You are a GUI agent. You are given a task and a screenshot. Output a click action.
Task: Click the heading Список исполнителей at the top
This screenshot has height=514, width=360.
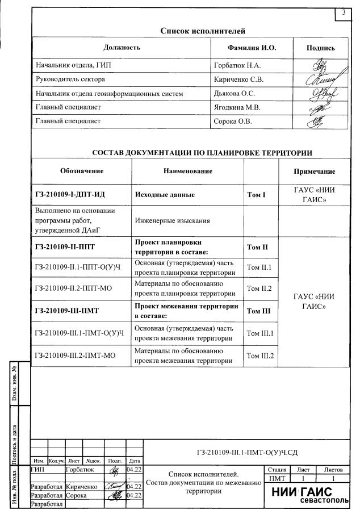tap(203, 31)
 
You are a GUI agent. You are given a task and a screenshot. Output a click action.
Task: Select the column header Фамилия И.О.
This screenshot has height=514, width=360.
tap(252, 48)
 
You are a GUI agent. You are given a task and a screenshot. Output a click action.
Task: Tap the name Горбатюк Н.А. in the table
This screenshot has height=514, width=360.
tap(235, 66)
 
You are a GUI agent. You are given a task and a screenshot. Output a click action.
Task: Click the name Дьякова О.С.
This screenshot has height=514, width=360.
tap(234, 93)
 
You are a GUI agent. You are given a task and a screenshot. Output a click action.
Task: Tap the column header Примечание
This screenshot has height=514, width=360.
tap(313, 171)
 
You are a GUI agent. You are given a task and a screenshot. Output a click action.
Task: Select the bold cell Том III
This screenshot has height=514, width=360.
tap(260, 311)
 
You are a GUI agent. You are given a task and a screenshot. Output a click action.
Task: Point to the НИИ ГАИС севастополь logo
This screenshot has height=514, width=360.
tap(309, 496)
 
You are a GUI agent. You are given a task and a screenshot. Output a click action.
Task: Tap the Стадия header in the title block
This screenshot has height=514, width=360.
tap(275, 470)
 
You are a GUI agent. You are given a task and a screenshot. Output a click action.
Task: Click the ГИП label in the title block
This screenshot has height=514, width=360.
tap(39, 470)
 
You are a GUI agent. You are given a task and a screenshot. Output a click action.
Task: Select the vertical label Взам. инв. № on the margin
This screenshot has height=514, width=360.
tap(21, 388)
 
